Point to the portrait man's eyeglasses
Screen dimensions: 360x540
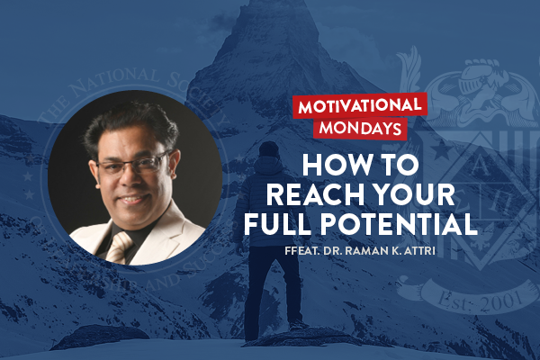click(134, 167)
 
